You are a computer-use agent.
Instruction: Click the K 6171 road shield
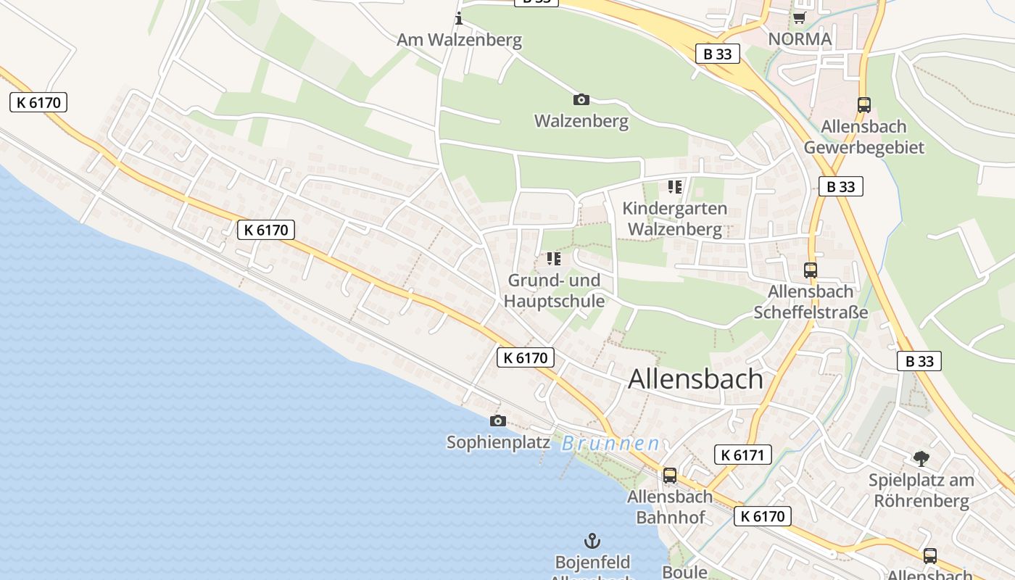pyautogui.click(x=742, y=455)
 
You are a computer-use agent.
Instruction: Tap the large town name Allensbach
pyautogui.click(x=695, y=379)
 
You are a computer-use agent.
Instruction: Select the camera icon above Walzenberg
pyautogui.click(x=581, y=99)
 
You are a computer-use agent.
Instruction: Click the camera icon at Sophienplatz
pyautogui.click(x=498, y=420)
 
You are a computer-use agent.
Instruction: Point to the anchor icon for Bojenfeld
pyautogui.click(x=592, y=541)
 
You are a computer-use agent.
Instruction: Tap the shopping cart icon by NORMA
pyautogui.click(x=799, y=17)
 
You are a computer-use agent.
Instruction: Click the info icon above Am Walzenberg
pyautogui.click(x=458, y=18)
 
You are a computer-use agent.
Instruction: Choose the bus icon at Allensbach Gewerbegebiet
pyautogui.click(x=863, y=104)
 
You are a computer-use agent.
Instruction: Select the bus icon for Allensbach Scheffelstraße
pyautogui.click(x=811, y=270)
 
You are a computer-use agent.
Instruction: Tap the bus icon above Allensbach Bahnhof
pyautogui.click(x=670, y=476)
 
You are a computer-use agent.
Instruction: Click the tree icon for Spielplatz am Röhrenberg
pyautogui.click(x=921, y=458)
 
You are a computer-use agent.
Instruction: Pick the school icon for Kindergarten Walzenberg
pyautogui.click(x=675, y=187)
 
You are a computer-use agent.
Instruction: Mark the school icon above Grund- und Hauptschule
pyautogui.click(x=554, y=259)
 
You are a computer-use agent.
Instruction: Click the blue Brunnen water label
pyautogui.click(x=610, y=444)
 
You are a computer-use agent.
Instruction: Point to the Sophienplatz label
pyautogui.click(x=498, y=442)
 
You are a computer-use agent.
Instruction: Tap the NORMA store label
pyautogui.click(x=800, y=38)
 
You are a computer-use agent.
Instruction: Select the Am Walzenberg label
pyautogui.click(x=459, y=40)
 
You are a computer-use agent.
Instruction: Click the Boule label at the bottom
pyautogui.click(x=684, y=572)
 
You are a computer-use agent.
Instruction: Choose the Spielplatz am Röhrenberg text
pyautogui.click(x=921, y=490)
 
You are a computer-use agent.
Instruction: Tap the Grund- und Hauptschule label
pyautogui.click(x=554, y=291)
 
